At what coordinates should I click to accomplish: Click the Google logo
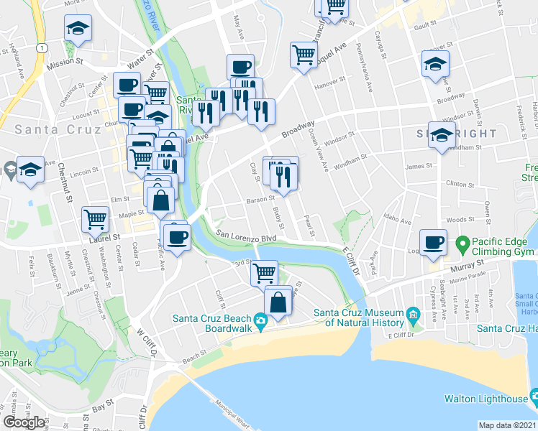tap(24, 422)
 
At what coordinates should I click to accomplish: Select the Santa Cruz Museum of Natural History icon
tap(412, 315)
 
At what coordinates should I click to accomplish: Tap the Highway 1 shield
tap(44, 47)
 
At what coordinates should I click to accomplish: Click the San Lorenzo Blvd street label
tap(247, 236)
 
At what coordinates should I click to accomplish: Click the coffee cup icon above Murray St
tap(434, 242)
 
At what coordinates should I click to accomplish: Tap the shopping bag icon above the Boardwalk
tap(278, 302)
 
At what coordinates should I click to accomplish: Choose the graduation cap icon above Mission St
tap(78, 28)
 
